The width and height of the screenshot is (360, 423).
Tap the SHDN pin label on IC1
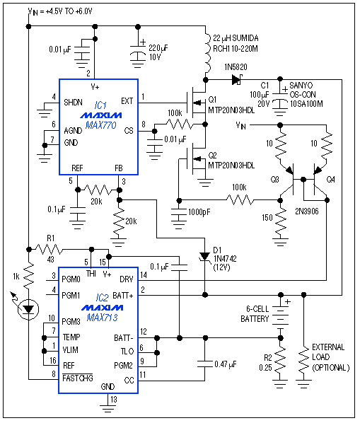74,101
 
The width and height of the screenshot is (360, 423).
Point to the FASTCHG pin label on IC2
81,378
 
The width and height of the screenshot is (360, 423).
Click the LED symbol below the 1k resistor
28,308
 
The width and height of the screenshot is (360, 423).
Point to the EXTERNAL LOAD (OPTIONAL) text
329,357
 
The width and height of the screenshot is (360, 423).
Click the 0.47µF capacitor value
225,364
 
